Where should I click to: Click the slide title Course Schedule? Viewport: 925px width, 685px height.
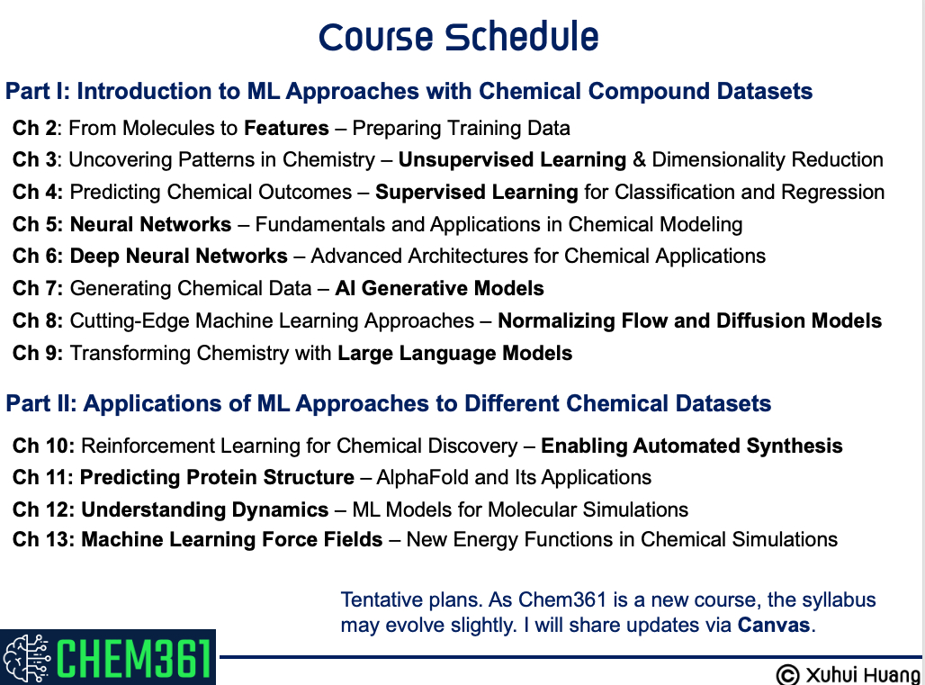coord(458,37)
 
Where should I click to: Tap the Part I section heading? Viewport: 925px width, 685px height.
coord(409,91)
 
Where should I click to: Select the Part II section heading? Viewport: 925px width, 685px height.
coord(388,403)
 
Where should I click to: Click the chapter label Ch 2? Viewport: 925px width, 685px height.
coord(34,128)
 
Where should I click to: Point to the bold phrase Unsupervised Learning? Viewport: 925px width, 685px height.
coord(512,160)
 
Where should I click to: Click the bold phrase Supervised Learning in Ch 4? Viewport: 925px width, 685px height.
coord(477,193)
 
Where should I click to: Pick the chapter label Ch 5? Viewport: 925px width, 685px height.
coord(37,224)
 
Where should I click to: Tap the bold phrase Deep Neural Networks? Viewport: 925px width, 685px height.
coord(179,256)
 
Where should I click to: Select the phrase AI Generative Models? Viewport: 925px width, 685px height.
coord(439,289)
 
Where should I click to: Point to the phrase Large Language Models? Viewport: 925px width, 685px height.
coord(454,354)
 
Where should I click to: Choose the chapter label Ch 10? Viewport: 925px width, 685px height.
coord(44,446)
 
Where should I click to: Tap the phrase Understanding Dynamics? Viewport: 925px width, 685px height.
coord(204,509)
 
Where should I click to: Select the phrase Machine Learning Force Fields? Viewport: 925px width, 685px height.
coord(232,540)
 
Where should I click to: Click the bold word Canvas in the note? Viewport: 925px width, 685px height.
coord(774,626)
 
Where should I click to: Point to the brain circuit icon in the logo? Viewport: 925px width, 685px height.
coord(27,657)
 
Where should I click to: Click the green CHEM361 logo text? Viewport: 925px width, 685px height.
coord(134,657)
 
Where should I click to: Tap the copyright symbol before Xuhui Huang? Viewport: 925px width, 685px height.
coord(787,675)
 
